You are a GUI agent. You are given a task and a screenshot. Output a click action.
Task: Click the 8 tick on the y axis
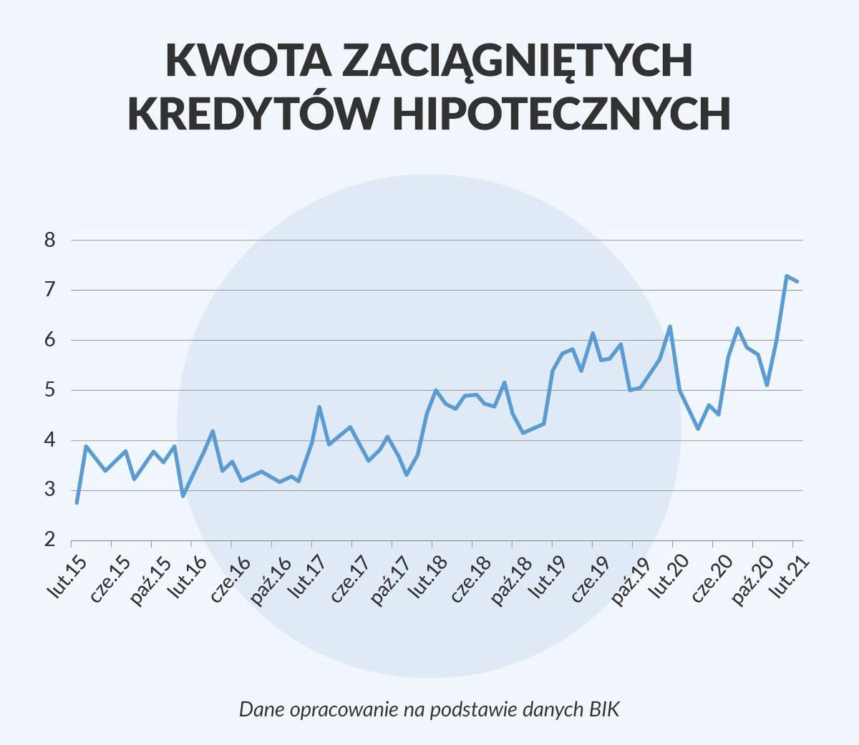tap(49, 240)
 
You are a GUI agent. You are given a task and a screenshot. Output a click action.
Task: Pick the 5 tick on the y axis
tap(49, 391)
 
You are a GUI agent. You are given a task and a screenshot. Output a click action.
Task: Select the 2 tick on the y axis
tap(49, 540)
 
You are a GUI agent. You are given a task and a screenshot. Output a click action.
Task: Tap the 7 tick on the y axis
tap(49, 291)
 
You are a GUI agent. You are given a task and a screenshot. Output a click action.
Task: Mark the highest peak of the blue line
tap(786, 276)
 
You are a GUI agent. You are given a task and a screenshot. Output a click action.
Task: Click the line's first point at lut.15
tap(77, 502)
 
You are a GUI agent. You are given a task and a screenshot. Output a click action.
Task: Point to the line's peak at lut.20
tap(670, 327)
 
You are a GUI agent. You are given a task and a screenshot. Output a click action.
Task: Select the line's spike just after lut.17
tap(319, 407)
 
